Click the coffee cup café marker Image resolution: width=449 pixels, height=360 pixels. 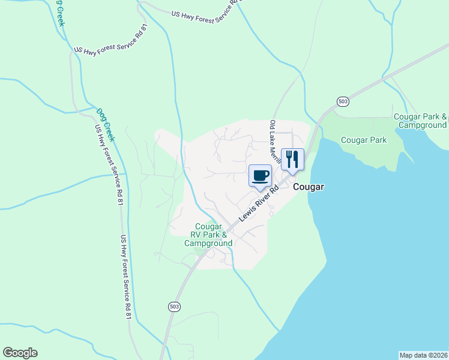[x=260, y=176]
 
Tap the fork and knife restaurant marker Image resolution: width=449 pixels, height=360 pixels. [x=292, y=159]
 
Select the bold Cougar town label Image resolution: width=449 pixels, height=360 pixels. [x=309, y=187]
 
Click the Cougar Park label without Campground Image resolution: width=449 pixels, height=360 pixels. [x=364, y=140]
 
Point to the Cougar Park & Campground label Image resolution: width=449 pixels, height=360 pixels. [x=420, y=121]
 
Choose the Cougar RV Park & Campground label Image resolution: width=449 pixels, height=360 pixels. [x=208, y=235]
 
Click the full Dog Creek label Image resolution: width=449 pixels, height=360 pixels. [x=106, y=124]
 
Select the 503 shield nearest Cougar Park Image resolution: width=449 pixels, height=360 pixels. [x=342, y=101]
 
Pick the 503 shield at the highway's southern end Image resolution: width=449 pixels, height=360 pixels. [x=173, y=307]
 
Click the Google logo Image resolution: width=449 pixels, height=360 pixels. [x=20, y=353]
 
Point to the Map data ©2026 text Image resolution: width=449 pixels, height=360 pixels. [x=424, y=355]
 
